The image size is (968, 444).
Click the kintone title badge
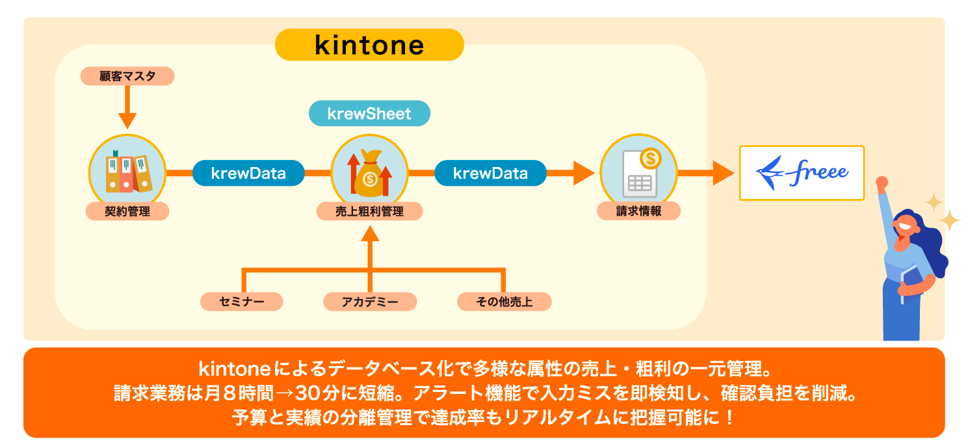(x=369, y=45)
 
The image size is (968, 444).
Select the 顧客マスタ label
(x=127, y=76)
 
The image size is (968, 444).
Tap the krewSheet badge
(x=369, y=114)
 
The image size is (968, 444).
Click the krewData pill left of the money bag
(x=248, y=173)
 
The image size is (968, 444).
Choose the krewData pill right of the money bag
(x=490, y=173)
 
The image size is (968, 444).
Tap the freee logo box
(x=802, y=172)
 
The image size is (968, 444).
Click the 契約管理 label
(x=127, y=211)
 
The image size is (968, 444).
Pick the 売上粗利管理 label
(x=369, y=211)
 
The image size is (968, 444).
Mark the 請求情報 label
(x=638, y=211)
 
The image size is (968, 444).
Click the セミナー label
(x=242, y=301)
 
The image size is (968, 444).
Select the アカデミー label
(x=369, y=301)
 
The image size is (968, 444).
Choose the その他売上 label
(x=504, y=301)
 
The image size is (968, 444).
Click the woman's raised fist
(x=882, y=183)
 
